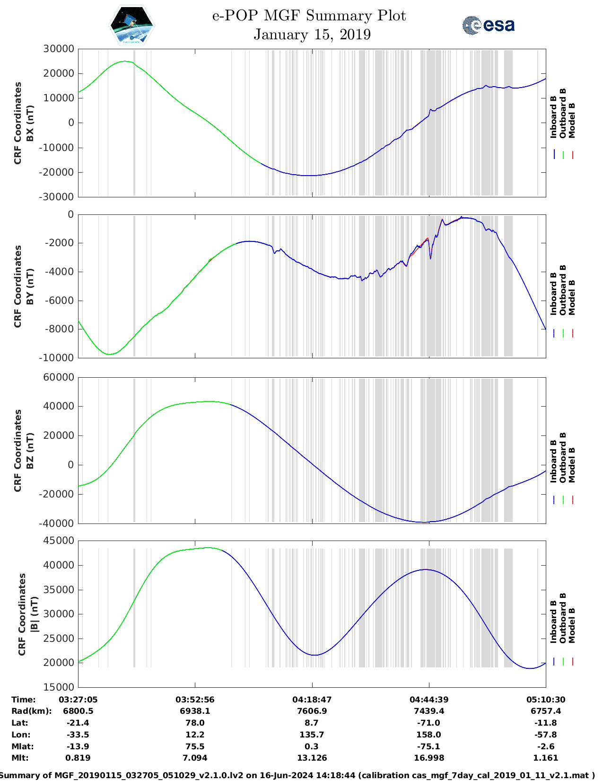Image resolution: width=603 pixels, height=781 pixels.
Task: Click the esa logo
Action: (x=489, y=25)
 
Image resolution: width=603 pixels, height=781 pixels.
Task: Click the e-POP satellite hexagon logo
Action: (x=131, y=25)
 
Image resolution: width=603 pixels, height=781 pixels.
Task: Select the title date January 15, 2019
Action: (x=312, y=35)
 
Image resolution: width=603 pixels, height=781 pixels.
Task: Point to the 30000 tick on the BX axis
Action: (x=59, y=49)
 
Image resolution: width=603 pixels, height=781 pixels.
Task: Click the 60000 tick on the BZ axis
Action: (x=59, y=377)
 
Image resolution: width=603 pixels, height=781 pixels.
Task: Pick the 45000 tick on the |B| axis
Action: (x=59, y=541)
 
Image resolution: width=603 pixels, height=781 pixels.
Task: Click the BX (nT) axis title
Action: (x=30, y=123)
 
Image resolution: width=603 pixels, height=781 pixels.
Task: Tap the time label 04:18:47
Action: (x=312, y=700)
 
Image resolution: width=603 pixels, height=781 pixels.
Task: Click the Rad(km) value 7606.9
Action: (x=312, y=711)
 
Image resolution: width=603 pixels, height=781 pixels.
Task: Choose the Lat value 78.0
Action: (x=195, y=723)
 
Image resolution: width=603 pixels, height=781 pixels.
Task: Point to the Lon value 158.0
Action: (x=428, y=735)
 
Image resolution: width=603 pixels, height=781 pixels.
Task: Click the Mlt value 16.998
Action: (x=428, y=758)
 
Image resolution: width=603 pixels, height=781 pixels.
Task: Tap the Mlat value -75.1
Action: (x=428, y=746)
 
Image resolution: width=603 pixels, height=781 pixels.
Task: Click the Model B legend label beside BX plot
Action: (x=572, y=120)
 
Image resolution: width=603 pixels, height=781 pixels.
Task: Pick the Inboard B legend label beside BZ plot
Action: (x=553, y=461)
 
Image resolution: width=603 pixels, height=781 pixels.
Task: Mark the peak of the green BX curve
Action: (x=124, y=61)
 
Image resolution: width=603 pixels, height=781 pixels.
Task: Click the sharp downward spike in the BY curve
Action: (x=430, y=258)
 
